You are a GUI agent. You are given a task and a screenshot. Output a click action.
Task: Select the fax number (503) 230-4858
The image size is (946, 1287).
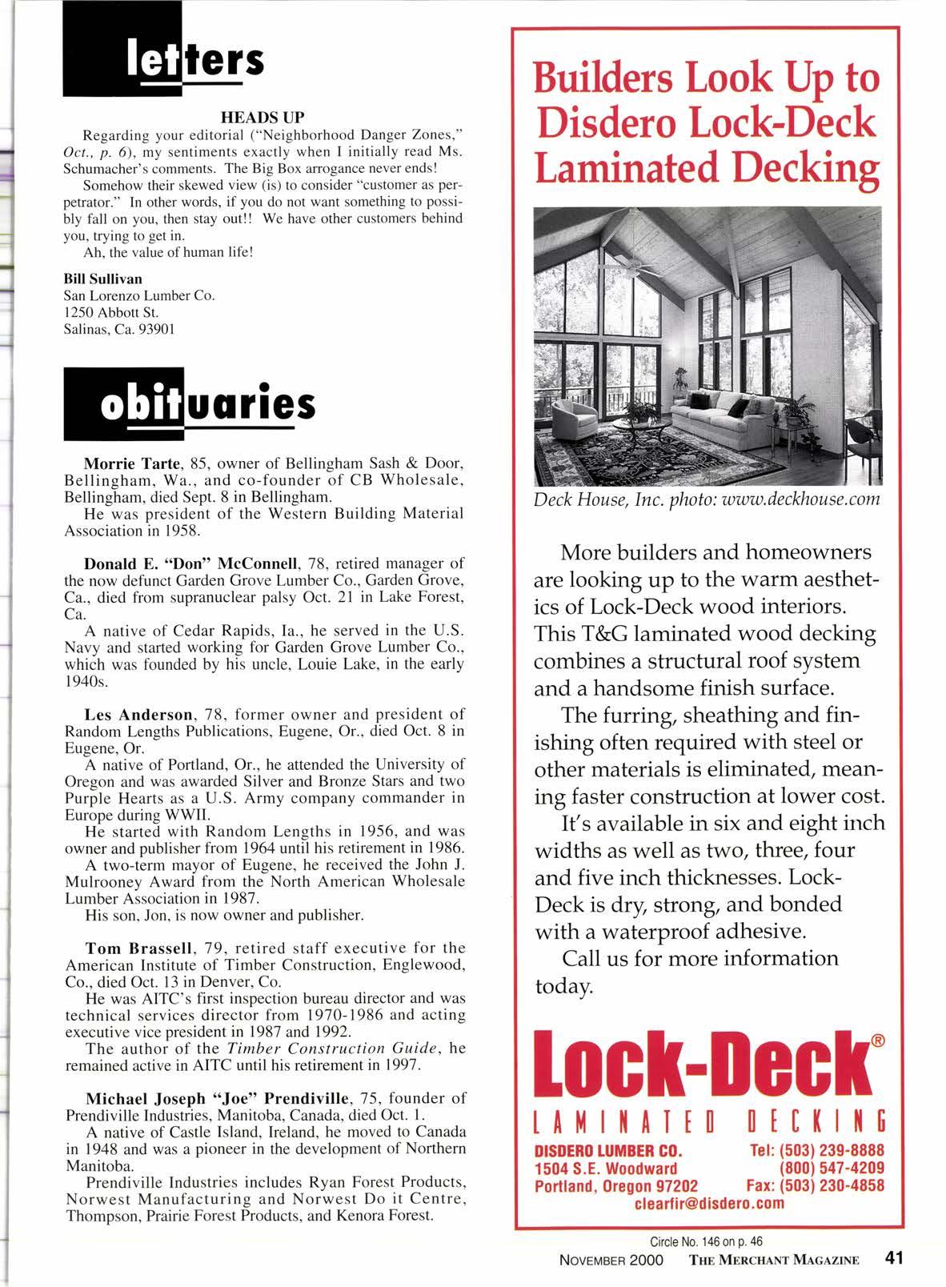point(835,1185)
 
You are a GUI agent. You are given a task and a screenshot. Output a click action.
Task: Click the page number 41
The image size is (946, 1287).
point(893,1258)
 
